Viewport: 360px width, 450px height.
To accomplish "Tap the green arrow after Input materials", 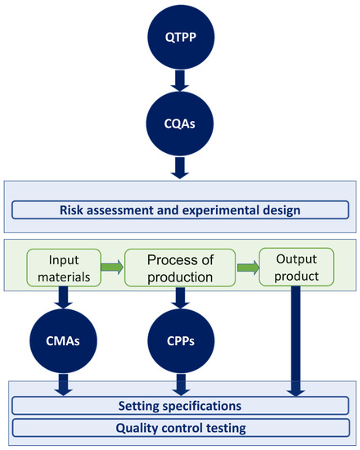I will coord(111,267).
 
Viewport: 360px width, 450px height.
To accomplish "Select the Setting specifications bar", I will coord(179,405).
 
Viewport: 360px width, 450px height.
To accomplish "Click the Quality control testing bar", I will coord(179,428).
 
